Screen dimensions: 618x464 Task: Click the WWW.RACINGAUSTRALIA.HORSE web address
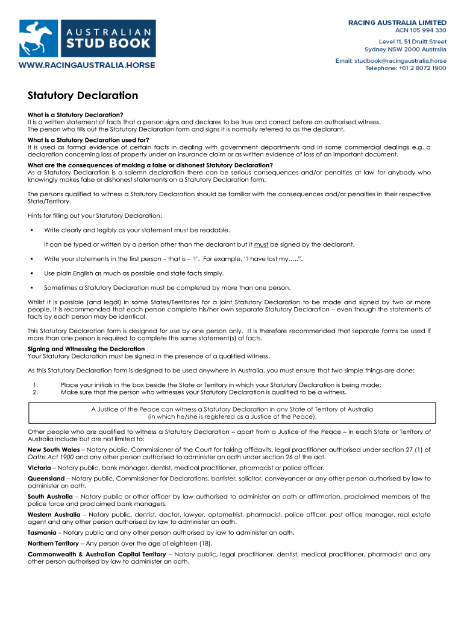click(x=87, y=65)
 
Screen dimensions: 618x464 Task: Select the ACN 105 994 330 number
click(x=421, y=30)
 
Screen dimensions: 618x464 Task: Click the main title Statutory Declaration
click(x=83, y=96)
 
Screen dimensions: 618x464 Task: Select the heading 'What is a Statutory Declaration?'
click(x=75, y=115)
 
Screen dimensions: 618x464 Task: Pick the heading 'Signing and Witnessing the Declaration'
click(x=86, y=349)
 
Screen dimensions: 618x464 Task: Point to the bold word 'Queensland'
click(x=46, y=479)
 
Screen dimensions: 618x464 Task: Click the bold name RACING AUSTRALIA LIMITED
click(x=398, y=22)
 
